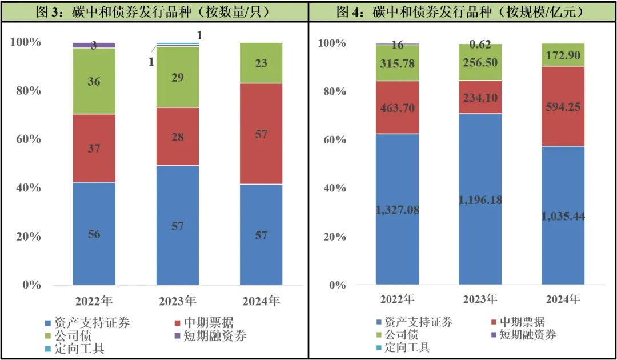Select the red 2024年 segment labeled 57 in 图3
(x=261, y=134)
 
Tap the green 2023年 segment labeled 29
(x=178, y=77)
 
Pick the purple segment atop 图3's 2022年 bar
(x=94, y=45)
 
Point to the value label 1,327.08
(x=397, y=210)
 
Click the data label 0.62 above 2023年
(x=480, y=44)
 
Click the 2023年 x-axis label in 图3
(x=178, y=301)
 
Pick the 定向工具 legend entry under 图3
(x=80, y=348)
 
